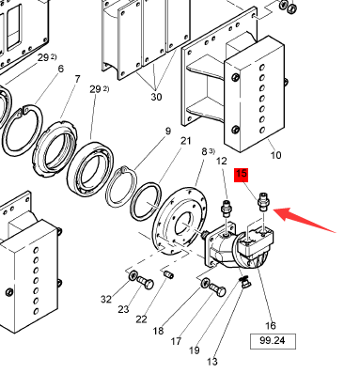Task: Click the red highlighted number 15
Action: point(241,175)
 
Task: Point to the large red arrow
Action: point(305,220)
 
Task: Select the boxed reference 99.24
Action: point(273,341)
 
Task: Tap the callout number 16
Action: point(271,326)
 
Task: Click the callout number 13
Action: point(212,362)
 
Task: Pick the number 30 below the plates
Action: point(156,97)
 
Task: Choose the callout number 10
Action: point(275,155)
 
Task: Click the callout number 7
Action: point(77,79)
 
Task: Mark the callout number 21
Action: point(186,141)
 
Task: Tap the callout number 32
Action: point(106,300)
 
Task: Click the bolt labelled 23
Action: point(145,282)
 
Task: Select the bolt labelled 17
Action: point(217,289)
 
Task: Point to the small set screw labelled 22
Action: point(169,274)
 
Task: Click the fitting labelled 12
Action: point(227,208)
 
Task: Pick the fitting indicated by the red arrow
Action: point(263,203)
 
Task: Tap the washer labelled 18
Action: point(206,283)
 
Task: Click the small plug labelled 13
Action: point(244,283)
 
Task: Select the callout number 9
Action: point(168,131)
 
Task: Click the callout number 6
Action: point(61,69)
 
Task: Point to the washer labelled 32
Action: point(133,275)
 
